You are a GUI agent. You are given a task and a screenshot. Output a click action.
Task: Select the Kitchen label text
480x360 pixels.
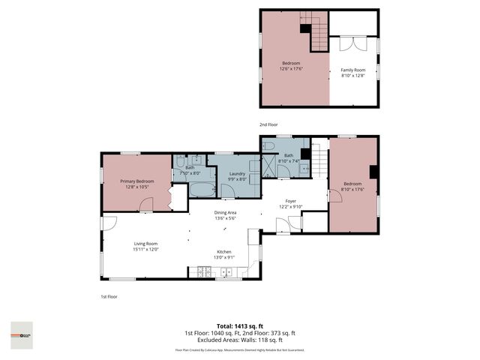pos(224,251)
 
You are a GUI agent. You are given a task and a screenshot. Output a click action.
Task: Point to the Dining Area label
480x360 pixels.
pos(226,212)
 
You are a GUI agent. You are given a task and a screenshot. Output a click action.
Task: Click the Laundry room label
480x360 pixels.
pos(238,173)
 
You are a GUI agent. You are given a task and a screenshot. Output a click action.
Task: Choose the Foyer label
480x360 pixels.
pos(289,201)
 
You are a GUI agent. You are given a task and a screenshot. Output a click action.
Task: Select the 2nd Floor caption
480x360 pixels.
pos(268,124)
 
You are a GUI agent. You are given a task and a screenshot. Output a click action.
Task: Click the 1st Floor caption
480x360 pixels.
pos(109,296)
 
